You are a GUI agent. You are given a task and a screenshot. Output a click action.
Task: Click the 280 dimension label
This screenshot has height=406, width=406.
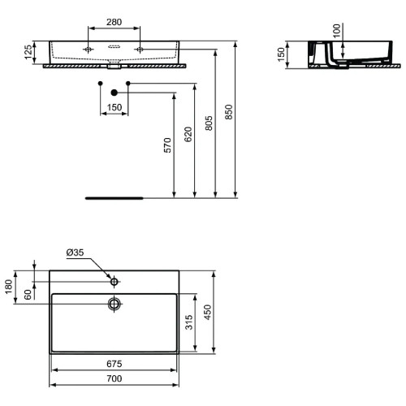point(114,22)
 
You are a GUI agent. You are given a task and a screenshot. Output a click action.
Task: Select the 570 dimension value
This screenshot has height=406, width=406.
point(167,145)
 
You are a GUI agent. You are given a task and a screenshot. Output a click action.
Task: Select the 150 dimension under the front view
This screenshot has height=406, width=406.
point(114,108)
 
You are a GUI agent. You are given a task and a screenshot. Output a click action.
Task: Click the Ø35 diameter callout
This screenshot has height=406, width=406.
point(76,253)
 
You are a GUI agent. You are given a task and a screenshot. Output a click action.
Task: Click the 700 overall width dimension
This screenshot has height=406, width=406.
point(114,379)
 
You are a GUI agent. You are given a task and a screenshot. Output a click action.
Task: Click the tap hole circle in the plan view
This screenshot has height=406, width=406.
point(114,282)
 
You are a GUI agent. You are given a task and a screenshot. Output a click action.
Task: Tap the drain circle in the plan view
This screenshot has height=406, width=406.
point(114,304)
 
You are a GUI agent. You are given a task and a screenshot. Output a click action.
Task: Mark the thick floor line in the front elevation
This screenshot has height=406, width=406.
point(114,197)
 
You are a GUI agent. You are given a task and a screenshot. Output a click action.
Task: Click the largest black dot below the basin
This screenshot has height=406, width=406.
point(114,91)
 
